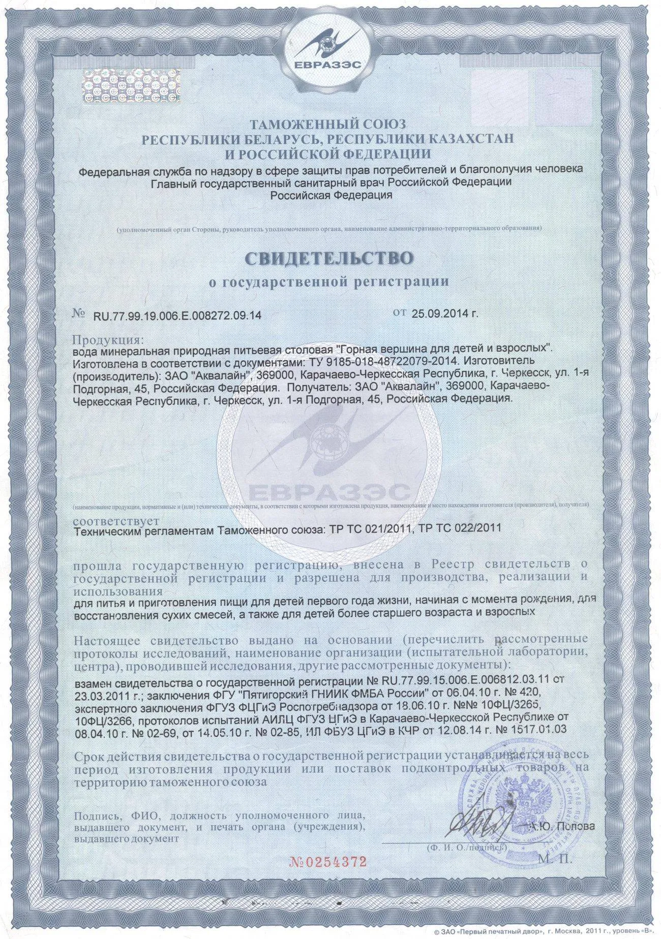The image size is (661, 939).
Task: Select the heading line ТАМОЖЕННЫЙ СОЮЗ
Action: coord(330,123)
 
